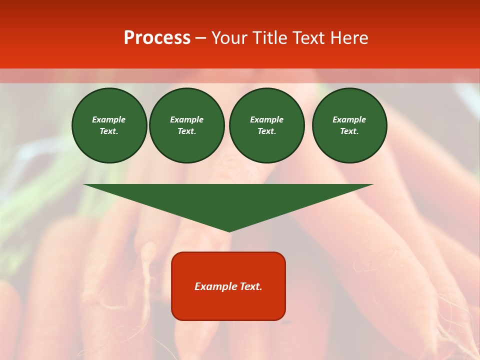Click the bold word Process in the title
pos(157,38)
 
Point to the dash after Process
pos(200,38)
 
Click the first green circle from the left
pos(109,125)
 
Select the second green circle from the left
pos(187,125)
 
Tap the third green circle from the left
pos(267,125)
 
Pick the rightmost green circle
pos(349,125)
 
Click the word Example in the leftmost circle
pos(109,119)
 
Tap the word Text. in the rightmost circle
pos(349,131)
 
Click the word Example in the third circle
pos(267,119)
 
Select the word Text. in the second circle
pos(187,131)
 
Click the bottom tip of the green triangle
pos(229,231)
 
